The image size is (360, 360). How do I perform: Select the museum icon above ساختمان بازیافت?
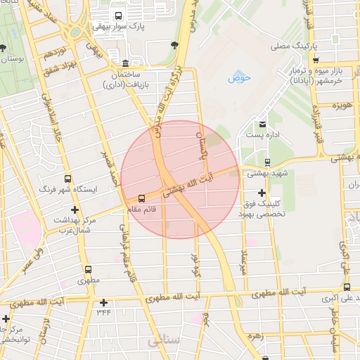point(125,63)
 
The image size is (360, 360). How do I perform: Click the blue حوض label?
point(239,78)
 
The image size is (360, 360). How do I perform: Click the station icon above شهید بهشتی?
point(266,162)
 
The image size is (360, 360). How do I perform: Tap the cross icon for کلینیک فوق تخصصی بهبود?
point(262,192)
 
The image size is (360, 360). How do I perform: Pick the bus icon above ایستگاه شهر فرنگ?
point(67,179)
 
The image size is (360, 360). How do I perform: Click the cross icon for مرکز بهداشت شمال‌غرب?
point(75,210)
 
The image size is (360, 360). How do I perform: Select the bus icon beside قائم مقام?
point(142,198)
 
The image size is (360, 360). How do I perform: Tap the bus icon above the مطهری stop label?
point(89,269)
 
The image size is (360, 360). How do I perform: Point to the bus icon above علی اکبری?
point(347,287)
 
